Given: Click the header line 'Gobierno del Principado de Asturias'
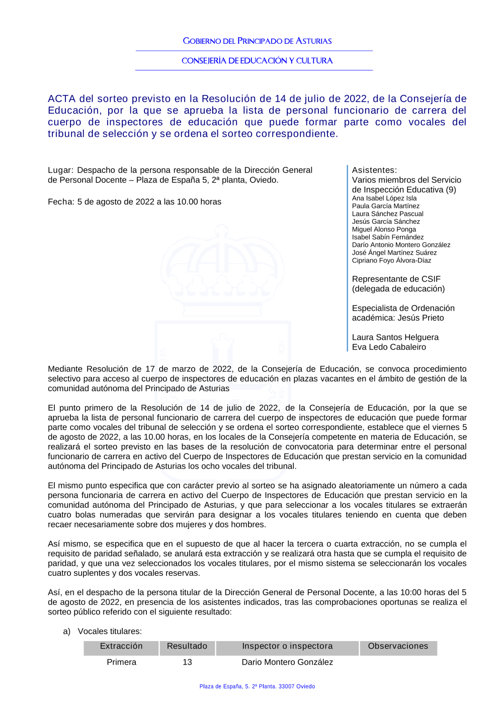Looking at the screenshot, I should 257,41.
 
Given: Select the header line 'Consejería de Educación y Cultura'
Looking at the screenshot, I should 257,60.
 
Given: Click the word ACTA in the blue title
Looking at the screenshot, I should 62,99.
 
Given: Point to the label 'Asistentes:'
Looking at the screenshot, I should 374,170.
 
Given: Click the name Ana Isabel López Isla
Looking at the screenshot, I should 384,198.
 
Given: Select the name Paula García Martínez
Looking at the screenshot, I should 385,206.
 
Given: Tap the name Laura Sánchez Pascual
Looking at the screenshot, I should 387,214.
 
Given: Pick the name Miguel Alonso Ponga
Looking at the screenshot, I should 384,229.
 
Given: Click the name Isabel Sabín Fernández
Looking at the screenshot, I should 387,237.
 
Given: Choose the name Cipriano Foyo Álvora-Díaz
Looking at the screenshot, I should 391,260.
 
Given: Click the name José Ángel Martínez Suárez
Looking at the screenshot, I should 394,252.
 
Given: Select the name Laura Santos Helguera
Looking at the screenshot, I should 395,337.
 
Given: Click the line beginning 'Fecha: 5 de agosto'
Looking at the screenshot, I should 134,202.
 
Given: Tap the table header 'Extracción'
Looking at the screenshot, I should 121,646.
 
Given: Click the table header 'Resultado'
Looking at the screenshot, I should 187,646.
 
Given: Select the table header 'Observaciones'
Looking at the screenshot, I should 398,646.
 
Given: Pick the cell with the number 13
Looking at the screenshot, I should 187,662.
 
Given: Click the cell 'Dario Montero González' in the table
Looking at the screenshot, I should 287,662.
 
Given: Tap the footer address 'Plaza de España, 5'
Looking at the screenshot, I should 257,686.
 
